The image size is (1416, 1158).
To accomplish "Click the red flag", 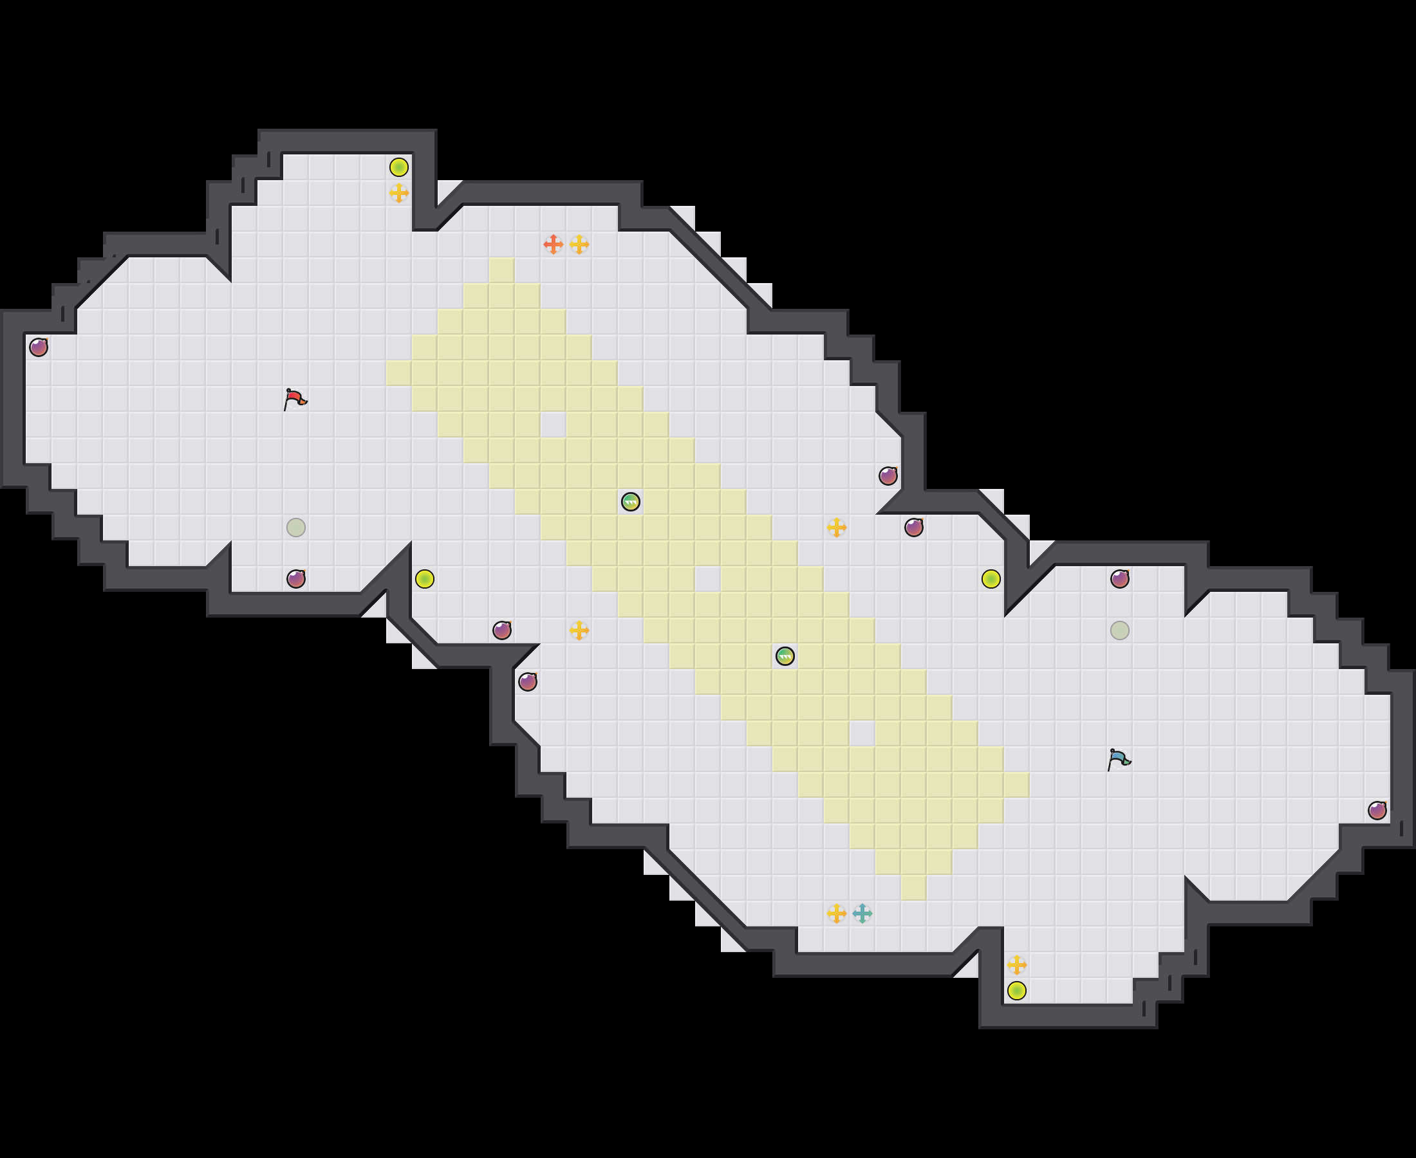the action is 294,399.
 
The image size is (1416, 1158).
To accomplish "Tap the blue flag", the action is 1119,759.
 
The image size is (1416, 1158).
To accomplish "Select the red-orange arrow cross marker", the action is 552,244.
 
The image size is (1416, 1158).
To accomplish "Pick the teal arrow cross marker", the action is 861,913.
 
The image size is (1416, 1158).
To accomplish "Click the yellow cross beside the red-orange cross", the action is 579,244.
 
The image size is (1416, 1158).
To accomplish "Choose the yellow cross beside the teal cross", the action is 836,913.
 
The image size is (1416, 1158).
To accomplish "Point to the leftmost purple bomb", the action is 39,347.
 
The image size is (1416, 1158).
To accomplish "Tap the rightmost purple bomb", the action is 1377,811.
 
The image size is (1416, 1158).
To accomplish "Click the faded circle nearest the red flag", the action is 295,527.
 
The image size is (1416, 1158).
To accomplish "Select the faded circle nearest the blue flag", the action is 1120,630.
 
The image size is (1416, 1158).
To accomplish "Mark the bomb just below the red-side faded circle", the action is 295,578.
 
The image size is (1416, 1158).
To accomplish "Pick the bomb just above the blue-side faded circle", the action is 1120,578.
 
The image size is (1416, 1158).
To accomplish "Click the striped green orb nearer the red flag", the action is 631,502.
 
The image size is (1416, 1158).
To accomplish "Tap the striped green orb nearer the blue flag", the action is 785,656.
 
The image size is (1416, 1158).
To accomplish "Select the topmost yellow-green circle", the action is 399,167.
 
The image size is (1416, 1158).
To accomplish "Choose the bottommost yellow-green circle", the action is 1016,991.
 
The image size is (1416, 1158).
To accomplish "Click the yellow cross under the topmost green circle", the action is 399,193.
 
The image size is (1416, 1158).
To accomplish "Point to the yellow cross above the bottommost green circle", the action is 1016,964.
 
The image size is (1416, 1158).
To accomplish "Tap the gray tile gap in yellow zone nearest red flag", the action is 552,424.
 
